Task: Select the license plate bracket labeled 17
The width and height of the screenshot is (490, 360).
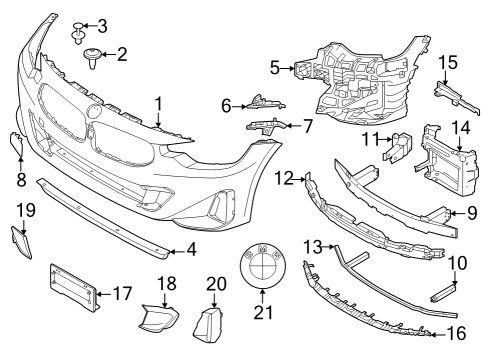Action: (x=72, y=287)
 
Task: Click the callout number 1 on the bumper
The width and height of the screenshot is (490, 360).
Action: (x=158, y=102)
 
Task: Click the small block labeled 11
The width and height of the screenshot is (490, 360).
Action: (x=399, y=146)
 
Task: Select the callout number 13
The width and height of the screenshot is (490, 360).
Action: (x=311, y=244)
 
